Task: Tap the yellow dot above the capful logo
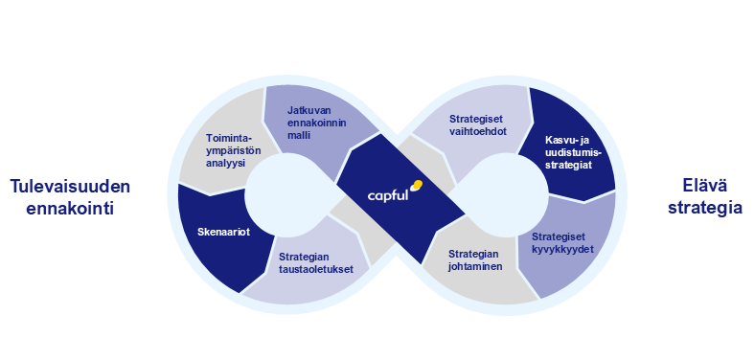(415, 185)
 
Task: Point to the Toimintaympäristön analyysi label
(234, 149)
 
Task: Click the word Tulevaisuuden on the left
(70, 186)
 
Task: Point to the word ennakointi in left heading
(70, 206)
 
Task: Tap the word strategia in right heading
(699, 206)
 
